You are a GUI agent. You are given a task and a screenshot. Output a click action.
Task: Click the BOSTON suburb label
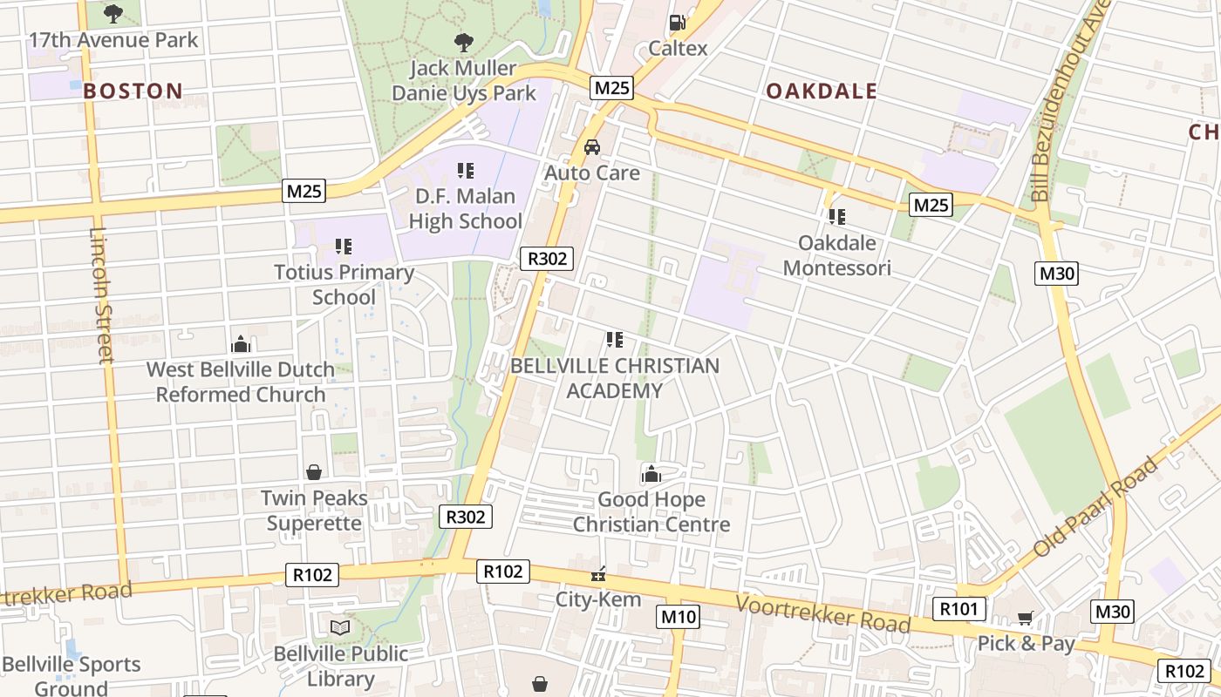click(x=133, y=91)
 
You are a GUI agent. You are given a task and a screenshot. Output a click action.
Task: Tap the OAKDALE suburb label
click(x=821, y=91)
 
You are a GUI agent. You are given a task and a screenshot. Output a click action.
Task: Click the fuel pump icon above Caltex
click(x=677, y=23)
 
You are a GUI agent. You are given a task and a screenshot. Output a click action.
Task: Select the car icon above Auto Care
click(x=592, y=146)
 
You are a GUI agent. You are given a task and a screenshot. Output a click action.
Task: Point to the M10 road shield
click(x=678, y=617)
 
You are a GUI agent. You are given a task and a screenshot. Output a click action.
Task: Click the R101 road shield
click(x=959, y=608)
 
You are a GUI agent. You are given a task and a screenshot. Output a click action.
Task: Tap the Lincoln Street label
click(x=101, y=295)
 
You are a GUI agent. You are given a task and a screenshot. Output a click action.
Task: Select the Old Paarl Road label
click(x=1096, y=506)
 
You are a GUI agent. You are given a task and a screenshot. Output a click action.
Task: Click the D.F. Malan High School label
click(x=466, y=209)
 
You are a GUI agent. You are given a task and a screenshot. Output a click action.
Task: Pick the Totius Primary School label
click(x=344, y=284)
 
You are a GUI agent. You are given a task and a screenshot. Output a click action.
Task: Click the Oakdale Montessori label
click(x=836, y=254)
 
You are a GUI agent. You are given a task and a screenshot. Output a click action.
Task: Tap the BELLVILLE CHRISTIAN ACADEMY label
click(x=615, y=378)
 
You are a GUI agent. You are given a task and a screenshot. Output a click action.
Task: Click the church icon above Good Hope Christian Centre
click(x=651, y=474)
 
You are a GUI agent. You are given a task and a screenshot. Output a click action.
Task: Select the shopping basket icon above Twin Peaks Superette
click(x=314, y=472)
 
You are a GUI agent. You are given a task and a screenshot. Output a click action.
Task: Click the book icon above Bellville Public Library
click(x=339, y=627)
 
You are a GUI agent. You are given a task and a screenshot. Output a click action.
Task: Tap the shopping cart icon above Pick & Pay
click(x=1025, y=618)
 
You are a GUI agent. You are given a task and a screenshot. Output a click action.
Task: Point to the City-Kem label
click(x=598, y=599)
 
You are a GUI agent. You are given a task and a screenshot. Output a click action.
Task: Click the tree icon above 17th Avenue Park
click(x=113, y=14)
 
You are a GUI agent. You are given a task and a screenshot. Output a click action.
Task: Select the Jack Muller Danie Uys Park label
click(x=464, y=80)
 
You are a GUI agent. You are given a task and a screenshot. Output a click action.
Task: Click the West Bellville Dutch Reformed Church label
click(x=241, y=382)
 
